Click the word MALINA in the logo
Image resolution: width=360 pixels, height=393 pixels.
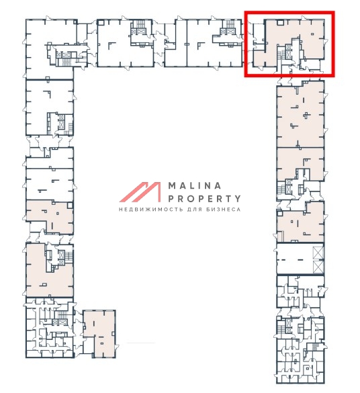tap(195, 186)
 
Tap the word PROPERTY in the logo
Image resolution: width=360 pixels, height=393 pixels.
tap(204, 199)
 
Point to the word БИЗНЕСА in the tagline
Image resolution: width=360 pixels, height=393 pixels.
tap(224, 210)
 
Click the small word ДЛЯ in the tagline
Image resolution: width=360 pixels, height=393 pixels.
tap(195, 210)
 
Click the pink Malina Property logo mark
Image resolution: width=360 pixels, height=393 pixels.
tap(140, 192)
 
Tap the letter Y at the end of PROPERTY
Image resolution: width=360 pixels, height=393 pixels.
tap(238, 199)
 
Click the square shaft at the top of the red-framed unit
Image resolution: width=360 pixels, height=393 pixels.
tap(281, 23)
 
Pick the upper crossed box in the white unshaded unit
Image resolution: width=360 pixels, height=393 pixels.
tap(318, 253)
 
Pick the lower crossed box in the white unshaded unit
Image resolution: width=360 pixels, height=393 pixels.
tap(318, 267)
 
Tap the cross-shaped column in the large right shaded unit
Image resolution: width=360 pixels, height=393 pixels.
tap(306, 116)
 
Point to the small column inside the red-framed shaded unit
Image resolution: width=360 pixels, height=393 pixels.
tap(312, 34)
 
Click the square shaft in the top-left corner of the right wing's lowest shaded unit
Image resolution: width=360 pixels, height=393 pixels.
tap(280, 213)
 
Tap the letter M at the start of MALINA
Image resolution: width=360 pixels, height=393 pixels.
tap(173, 186)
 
